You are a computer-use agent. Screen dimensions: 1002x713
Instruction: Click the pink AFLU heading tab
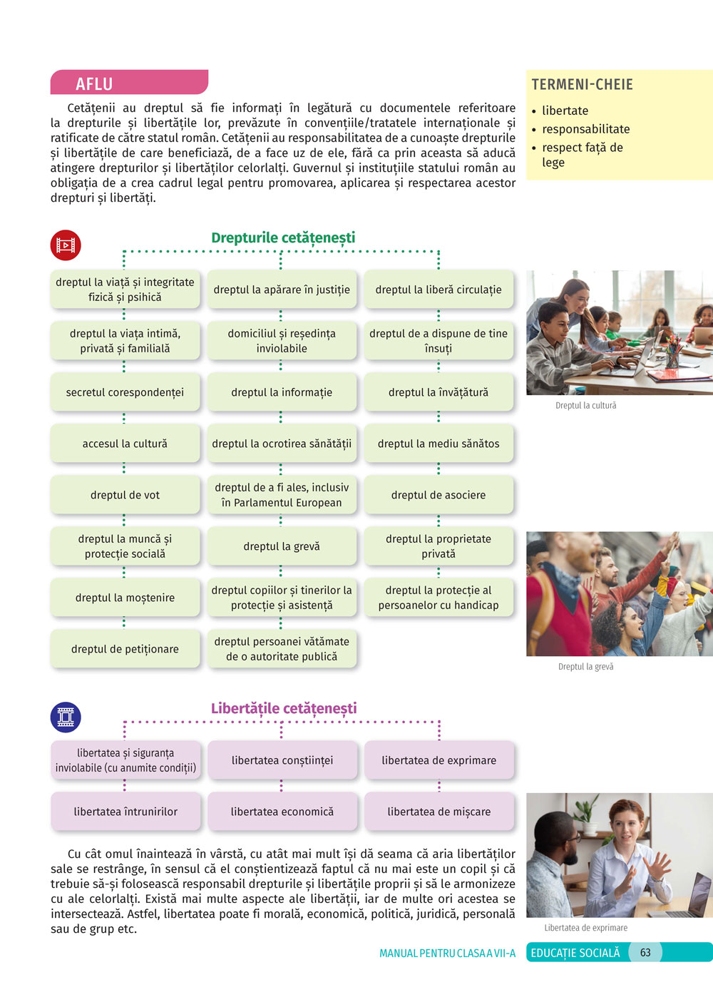[x=128, y=83]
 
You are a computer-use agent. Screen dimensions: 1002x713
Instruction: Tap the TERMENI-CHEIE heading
[x=582, y=85]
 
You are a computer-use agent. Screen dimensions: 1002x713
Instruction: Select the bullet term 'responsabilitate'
[x=585, y=129]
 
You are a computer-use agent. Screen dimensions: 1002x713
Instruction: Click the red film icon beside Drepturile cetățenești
[x=66, y=245]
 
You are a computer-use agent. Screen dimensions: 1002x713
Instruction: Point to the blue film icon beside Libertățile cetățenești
[x=66, y=717]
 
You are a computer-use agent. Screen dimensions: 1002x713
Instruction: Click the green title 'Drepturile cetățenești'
[x=283, y=238]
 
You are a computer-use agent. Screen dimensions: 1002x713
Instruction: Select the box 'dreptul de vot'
[x=125, y=495]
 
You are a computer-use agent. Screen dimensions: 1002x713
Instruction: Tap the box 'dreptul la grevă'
[x=282, y=546]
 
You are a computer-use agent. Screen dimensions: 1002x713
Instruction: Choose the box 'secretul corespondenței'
[x=125, y=392]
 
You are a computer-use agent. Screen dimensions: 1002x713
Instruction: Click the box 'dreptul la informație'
[x=282, y=392]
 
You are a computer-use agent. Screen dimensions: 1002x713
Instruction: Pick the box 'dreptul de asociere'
[x=438, y=495]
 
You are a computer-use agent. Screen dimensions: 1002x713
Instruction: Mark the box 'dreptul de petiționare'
[x=125, y=649]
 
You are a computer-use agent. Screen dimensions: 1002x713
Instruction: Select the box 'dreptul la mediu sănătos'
[x=438, y=444]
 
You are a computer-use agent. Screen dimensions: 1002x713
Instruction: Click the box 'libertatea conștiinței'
[x=282, y=760]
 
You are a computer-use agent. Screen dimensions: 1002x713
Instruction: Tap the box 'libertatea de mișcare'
[x=439, y=812]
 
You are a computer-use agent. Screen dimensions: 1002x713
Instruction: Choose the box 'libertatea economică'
[x=282, y=812]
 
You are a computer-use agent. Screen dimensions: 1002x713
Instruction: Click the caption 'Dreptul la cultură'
[x=585, y=406]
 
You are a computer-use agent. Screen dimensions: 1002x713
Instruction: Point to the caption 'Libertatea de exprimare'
[x=585, y=928]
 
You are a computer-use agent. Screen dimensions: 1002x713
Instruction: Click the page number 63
[x=645, y=953]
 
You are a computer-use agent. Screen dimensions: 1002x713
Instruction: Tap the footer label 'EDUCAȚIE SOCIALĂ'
[x=575, y=953]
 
